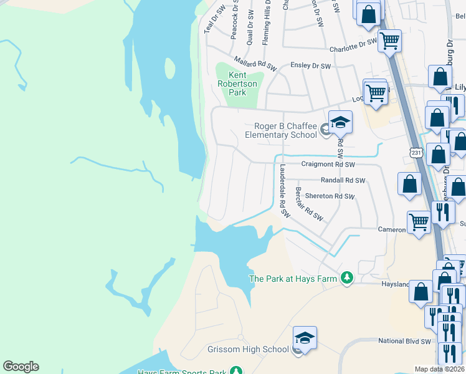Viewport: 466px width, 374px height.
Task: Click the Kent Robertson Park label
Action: pos(234,84)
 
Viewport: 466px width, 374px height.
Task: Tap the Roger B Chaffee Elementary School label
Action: pos(280,130)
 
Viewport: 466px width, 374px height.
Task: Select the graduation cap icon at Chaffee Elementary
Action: pos(341,122)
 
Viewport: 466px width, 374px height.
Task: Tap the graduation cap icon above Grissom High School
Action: pos(305,337)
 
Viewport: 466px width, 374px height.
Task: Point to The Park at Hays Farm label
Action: pos(292,279)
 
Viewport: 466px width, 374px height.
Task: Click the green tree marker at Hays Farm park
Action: pos(347,278)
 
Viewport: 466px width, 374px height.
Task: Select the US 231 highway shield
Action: pos(416,151)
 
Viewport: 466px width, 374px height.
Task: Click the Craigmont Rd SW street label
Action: pos(328,165)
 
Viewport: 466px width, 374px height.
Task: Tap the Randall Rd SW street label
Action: pos(343,180)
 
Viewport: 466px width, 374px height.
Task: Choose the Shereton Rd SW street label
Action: pos(330,196)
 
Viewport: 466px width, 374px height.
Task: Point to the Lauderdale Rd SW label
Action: pos(284,190)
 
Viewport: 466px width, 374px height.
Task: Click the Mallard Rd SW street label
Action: pos(255,62)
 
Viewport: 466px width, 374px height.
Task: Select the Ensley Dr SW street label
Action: pos(311,65)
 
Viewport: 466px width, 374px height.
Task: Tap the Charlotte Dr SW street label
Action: pos(353,45)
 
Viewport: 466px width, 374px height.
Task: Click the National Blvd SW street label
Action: pos(404,342)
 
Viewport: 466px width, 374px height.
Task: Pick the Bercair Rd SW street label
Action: pos(309,204)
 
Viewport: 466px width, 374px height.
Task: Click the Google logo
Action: pos(21,367)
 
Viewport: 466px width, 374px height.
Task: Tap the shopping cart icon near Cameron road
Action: pos(419,221)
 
